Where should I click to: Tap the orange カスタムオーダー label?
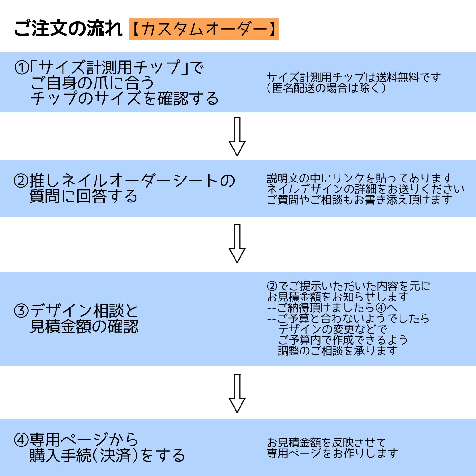pyautogui.click(x=203, y=29)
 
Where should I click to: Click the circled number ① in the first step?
pyautogui.click(x=22, y=67)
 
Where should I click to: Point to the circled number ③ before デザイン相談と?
pyautogui.click(x=21, y=311)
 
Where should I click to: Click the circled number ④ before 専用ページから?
pyautogui.click(x=21, y=440)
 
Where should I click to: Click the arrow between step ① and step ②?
pyautogui.click(x=237, y=137)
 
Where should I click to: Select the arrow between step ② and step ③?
pyautogui.click(x=237, y=244)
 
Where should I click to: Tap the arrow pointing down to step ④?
pyautogui.click(x=237, y=393)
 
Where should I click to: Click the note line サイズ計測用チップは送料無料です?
pyautogui.click(x=354, y=77)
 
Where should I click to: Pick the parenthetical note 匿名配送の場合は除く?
pyautogui.click(x=327, y=88)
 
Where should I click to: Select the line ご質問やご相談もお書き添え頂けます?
pyautogui.click(x=359, y=200)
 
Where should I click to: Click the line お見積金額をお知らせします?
pyautogui.click(x=338, y=297)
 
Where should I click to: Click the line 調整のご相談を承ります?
pyautogui.click(x=338, y=351)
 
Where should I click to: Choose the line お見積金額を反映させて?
pyautogui.click(x=326, y=442)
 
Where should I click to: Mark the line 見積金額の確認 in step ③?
pyautogui.click(x=84, y=326)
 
